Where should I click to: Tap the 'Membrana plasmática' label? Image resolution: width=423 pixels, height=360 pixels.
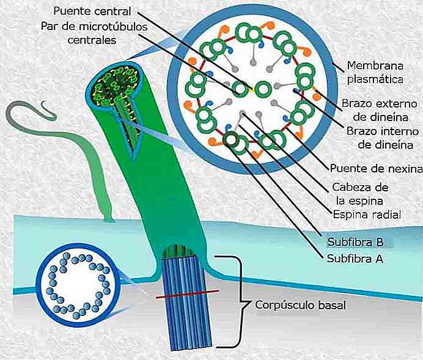374,72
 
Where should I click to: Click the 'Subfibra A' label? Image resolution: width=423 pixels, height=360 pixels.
353,258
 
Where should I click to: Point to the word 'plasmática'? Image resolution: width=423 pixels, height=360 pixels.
374,79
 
